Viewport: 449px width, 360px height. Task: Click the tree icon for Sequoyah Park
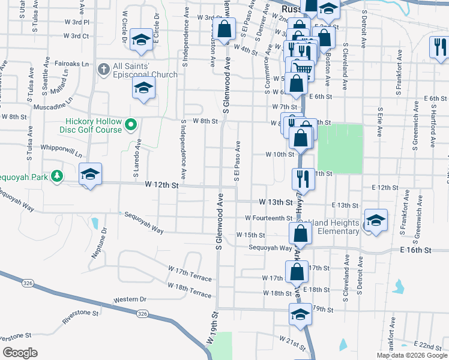(x=56, y=176)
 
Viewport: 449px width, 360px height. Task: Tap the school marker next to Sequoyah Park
(x=90, y=174)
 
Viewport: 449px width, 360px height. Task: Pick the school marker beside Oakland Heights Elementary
(x=376, y=220)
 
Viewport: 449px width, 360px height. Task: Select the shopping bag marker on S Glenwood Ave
(x=224, y=29)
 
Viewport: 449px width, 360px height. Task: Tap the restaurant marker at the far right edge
(x=438, y=47)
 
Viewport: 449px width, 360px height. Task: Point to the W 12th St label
(x=162, y=186)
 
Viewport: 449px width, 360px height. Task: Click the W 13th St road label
(x=274, y=202)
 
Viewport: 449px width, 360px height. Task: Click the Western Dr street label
(x=130, y=299)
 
